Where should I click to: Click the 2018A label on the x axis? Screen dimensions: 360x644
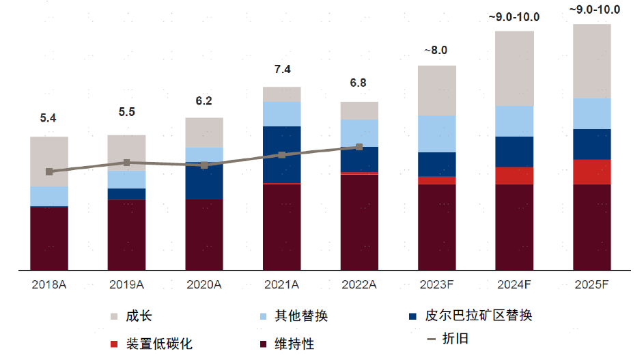(48, 284)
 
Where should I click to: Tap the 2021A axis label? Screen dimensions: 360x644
(281, 284)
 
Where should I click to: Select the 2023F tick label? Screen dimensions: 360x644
(436, 284)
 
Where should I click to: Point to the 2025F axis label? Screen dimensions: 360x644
(591, 284)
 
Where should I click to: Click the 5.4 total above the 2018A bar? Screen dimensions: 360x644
(48, 118)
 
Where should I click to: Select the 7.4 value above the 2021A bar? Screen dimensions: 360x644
(282, 69)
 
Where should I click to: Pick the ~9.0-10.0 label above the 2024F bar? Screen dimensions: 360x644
(514, 17)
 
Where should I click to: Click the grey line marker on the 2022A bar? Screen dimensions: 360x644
(359, 147)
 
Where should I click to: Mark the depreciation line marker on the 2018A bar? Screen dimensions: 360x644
(48, 171)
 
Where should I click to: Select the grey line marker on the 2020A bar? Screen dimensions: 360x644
(204, 165)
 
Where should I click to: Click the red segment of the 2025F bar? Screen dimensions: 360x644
(591, 171)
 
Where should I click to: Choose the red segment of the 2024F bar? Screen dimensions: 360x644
(514, 176)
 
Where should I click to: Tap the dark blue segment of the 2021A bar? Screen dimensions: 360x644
(281, 154)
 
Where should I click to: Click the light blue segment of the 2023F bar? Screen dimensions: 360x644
(436, 134)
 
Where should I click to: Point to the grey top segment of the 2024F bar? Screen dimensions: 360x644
(514, 68)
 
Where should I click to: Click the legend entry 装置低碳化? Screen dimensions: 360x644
(159, 343)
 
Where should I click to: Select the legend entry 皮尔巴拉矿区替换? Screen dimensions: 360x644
(478, 316)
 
